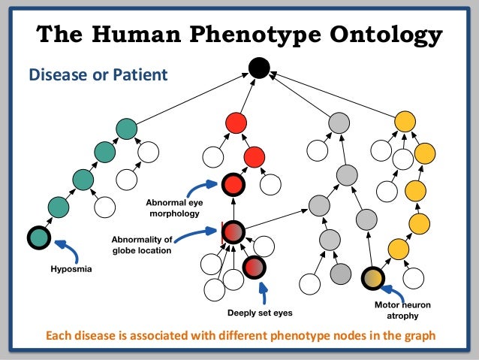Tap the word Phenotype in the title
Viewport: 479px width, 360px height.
pyautogui.click(x=244, y=34)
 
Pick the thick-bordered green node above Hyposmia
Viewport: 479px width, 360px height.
pyautogui.click(x=38, y=238)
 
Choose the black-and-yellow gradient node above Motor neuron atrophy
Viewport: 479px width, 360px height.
pyautogui.click(x=372, y=279)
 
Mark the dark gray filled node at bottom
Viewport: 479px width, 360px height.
pyautogui.click(x=340, y=274)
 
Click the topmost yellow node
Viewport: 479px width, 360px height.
pyautogui.click(x=405, y=120)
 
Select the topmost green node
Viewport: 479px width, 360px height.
pyautogui.click(x=127, y=129)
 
